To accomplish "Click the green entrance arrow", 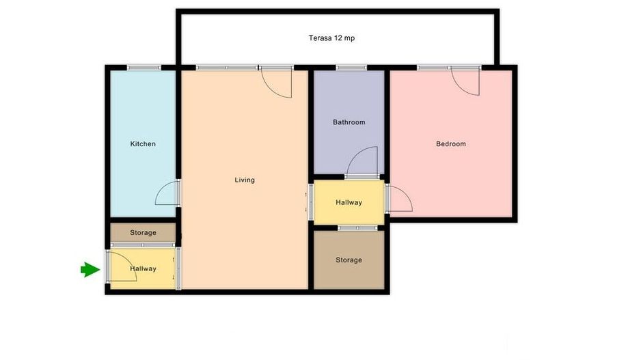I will (90, 270).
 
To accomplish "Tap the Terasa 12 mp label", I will (331, 38).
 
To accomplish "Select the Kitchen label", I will (143, 144).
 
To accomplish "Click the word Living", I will (245, 180).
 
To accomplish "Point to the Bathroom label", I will (349, 122).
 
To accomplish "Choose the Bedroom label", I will (451, 144).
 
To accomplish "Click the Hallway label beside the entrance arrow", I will (143, 268).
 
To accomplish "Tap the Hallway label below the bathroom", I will (349, 203).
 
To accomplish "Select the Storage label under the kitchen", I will (143, 233).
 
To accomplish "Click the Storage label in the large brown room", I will (349, 260).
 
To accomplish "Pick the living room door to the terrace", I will (277, 82).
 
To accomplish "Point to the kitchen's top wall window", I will (144, 68).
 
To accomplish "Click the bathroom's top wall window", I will (351, 68).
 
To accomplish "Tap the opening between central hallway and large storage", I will (357, 227).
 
